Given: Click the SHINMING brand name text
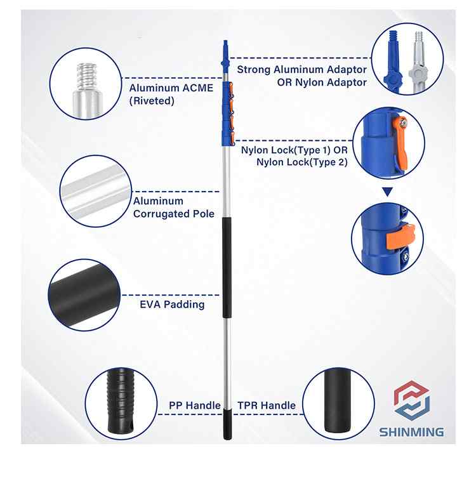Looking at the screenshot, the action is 411,432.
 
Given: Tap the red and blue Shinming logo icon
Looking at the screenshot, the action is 411,400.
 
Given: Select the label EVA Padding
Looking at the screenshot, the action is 172,305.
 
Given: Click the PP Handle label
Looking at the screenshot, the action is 195,405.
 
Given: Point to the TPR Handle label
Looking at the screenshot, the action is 267,405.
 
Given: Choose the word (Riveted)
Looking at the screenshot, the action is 152,101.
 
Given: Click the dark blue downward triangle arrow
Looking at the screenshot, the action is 387,192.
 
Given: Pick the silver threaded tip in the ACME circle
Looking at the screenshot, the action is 86,75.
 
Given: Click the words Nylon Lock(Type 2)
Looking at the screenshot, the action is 302,162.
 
